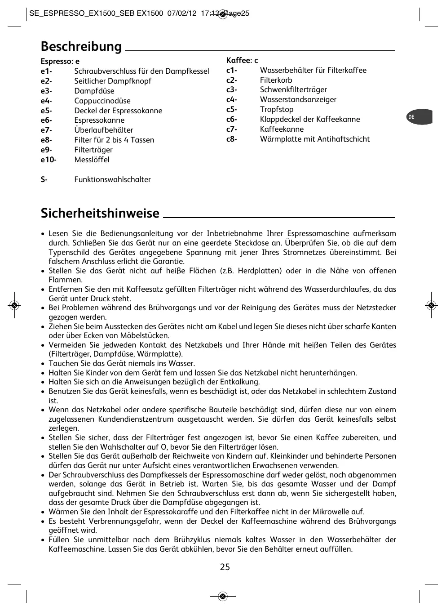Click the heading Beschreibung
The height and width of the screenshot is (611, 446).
(81, 47)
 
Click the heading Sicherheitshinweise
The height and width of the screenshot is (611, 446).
(100, 213)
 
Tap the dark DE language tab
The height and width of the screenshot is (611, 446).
(420, 117)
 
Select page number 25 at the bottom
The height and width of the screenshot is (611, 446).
(225, 567)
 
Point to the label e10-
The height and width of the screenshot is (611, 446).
(49, 160)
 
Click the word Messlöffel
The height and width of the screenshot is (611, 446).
(92, 160)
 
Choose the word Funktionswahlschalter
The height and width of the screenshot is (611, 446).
(112, 180)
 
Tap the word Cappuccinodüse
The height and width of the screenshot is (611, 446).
(102, 101)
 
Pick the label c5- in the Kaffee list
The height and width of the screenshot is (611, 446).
(232, 110)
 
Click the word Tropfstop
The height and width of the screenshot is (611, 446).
(277, 110)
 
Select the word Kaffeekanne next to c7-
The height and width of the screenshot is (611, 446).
(282, 129)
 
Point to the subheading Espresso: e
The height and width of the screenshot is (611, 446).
(60, 62)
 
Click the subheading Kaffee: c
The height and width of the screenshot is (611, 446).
(242, 61)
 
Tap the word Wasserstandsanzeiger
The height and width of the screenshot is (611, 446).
(298, 100)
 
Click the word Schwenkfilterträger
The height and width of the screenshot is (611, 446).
(293, 90)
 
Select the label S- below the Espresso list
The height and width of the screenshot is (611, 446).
(44, 180)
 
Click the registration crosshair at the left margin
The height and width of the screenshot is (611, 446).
(14, 305)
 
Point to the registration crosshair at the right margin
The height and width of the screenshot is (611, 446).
(431, 305)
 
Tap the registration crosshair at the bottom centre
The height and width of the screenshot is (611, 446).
(223, 597)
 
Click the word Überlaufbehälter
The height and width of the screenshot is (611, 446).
(104, 130)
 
